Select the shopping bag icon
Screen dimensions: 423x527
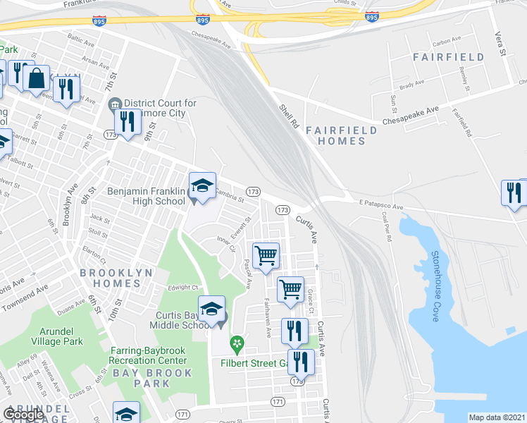tap(36, 78)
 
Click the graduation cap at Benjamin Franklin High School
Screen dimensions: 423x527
tap(201, 185)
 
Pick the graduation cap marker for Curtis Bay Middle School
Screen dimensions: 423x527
tap(211, 309)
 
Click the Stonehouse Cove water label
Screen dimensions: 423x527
tap(436, 286)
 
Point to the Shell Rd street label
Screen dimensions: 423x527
tap(286, 111)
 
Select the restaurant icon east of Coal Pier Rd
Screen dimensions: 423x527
tap(514, 192)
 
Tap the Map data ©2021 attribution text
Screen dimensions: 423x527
tap(497, 417)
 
